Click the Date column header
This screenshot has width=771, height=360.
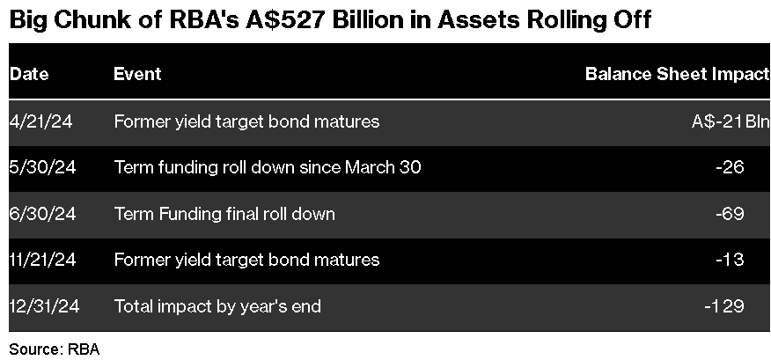tap(29, 74)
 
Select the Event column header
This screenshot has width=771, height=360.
tap(137, 74)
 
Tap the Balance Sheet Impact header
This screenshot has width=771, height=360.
tap(678, 74)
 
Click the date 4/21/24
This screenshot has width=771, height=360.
tap(40, 121)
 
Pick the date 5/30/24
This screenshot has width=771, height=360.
tap(43, 167)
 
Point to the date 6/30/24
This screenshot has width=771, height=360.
tap(43, 213)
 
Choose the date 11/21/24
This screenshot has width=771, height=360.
tap(43, 259)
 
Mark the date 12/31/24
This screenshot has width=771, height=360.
tap(44, 306)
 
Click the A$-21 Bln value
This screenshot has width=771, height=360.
tap(731, 121)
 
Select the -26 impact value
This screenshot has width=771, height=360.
tap(731, 167)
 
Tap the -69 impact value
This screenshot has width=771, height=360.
tap(731, 213)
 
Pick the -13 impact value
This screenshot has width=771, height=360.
tap(731, 259)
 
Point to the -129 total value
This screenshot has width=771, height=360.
tap(724, 306)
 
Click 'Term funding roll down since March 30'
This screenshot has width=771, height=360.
tap(268, 167)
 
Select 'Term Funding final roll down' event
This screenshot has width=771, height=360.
tap(224, 214)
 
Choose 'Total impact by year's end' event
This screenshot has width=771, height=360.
tap(217, 306)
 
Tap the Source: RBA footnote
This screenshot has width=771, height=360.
tap(55, 349)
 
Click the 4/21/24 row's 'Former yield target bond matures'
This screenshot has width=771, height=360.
tap(246, 121)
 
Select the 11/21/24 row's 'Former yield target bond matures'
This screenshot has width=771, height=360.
tap(246, 260)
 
